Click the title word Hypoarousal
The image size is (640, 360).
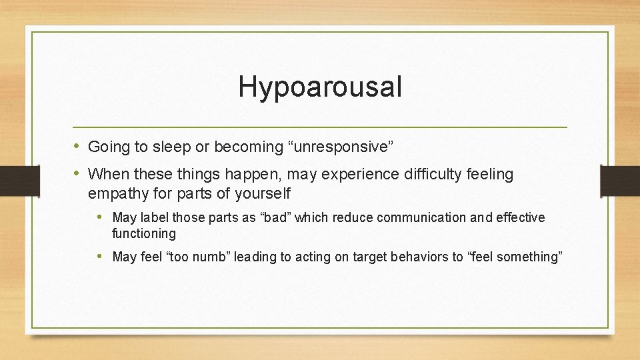click(x=320, y=87)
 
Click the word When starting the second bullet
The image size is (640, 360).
click(x=108, y=175)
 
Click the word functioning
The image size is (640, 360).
click(x=144, y=234)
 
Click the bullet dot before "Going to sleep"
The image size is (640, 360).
click(x=77, y=146)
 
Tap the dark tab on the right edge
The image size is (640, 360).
click(x=620, y=180)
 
